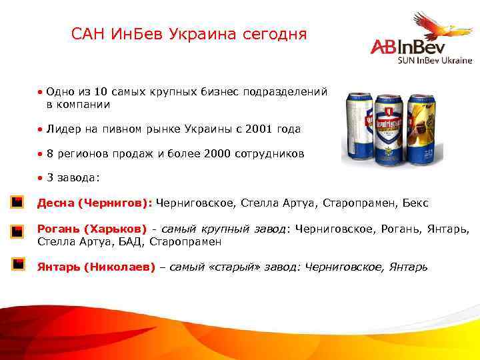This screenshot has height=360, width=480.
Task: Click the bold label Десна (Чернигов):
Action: pyautogui.click(x=95, y=202)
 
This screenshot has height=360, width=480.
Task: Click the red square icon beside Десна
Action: pyautogui.click(x=18, y=201)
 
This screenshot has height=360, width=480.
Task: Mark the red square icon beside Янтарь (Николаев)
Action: pyautogui.click(x=18, y=264)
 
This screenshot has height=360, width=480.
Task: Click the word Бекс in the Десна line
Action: pyautogui.click(x=416, y=202)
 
